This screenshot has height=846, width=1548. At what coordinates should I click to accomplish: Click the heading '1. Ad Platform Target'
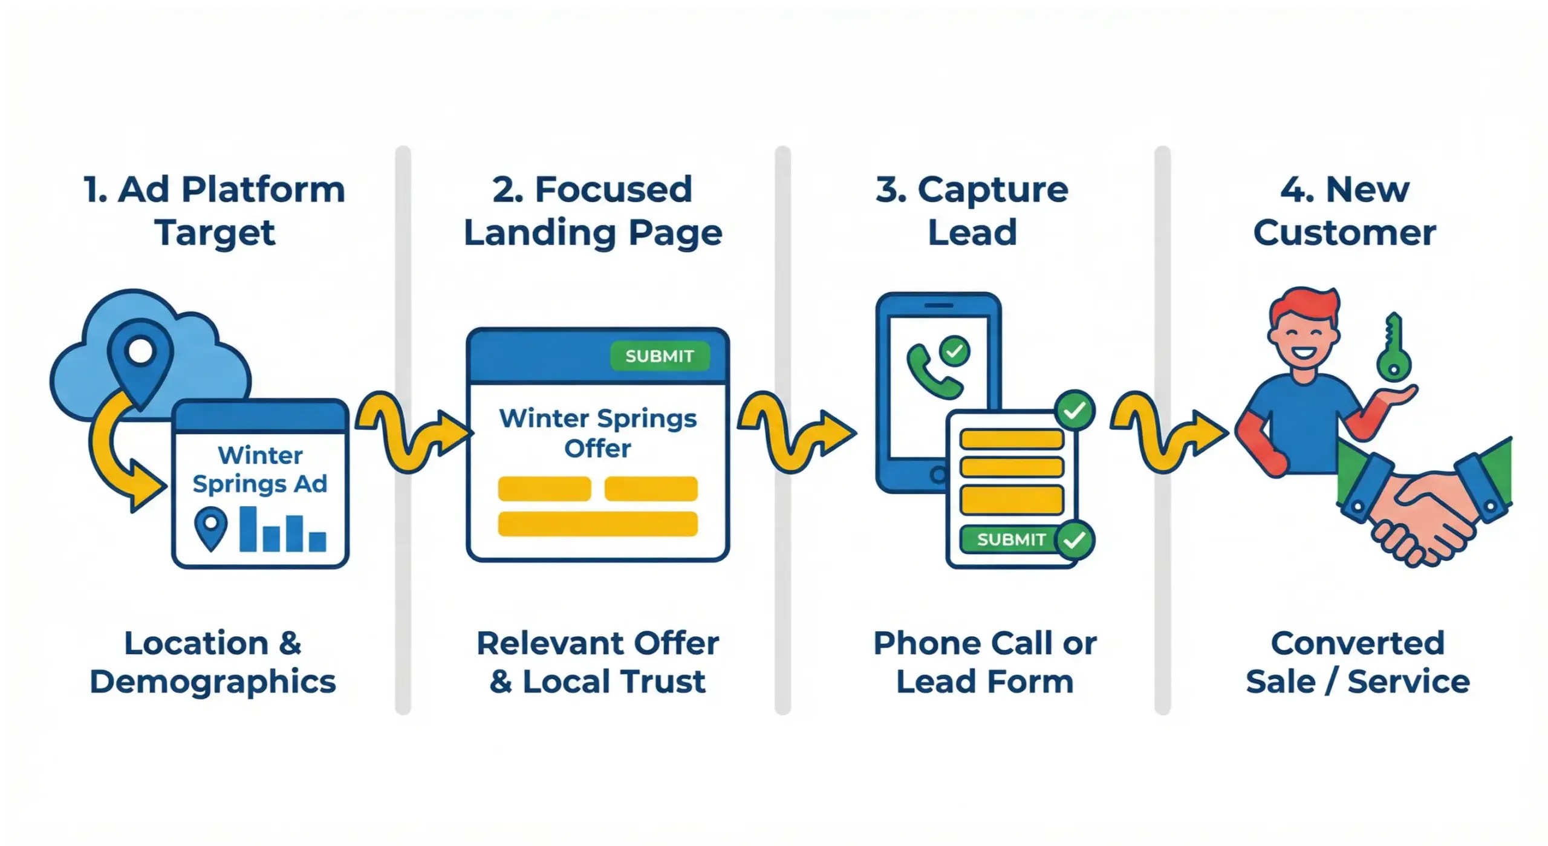(x=215, y=211)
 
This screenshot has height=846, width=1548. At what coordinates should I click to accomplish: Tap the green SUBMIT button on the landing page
(x=659, y=356)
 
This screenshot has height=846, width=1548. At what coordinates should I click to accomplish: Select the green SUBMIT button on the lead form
(x=1011, y=539)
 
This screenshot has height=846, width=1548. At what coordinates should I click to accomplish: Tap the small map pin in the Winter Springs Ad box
(x=211, y=528)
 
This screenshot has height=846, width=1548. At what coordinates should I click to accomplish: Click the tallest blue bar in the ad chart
(x=248, y=529)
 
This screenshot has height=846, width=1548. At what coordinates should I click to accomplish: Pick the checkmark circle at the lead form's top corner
(x=1075, y=411)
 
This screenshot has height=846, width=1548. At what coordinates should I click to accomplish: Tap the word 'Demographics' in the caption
(x=213, y=682)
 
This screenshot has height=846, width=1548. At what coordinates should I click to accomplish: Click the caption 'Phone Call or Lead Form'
(x=984, y=662)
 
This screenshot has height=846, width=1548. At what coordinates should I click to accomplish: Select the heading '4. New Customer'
(x=1344, y=211)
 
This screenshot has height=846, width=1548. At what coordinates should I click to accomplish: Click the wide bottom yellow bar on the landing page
(x=597, y=524)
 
